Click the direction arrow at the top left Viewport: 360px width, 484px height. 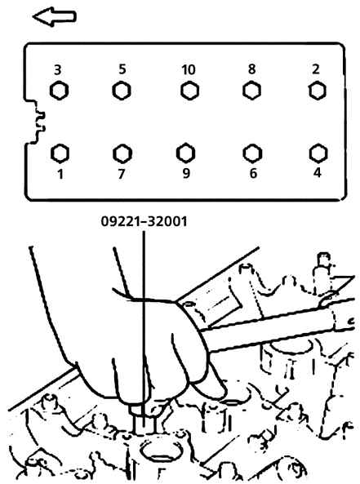pyautogui.click(x=54, y=16)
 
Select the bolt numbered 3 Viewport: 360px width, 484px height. pyautogui.click(x=59, y=91)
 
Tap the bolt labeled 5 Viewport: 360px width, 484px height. pyautogui.click(x=122, y=91)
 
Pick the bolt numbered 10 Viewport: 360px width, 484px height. pyautogui.click(x=189, y=91)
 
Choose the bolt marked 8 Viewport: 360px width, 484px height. pyautogui.click(x=251, y=91)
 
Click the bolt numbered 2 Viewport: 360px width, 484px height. pyautogui.click(x=318, y=91)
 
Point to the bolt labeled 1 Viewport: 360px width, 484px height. pyautogui.click(x=60, y=153)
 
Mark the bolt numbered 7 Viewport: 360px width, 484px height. pyautogui.click(x=122, y=153)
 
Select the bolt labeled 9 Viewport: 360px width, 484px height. pyautogui.click(x=185, y=153)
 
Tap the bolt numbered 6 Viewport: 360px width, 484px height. pyautogui.click(x=252, y=153)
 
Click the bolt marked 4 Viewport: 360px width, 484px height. pyautogui.click(x=318, y=153)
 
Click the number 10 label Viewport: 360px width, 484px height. pyautogui.click(x=188, y=69)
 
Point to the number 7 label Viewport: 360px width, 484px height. pyautogui.click(x=122, y=174)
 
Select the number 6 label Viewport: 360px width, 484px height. pyautogui.click(x=253, y=173)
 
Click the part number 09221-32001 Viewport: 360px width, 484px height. pyautogui.click(x=144, y=221)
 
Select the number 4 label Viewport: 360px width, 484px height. pyautogui.click(x=317, y=172)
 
